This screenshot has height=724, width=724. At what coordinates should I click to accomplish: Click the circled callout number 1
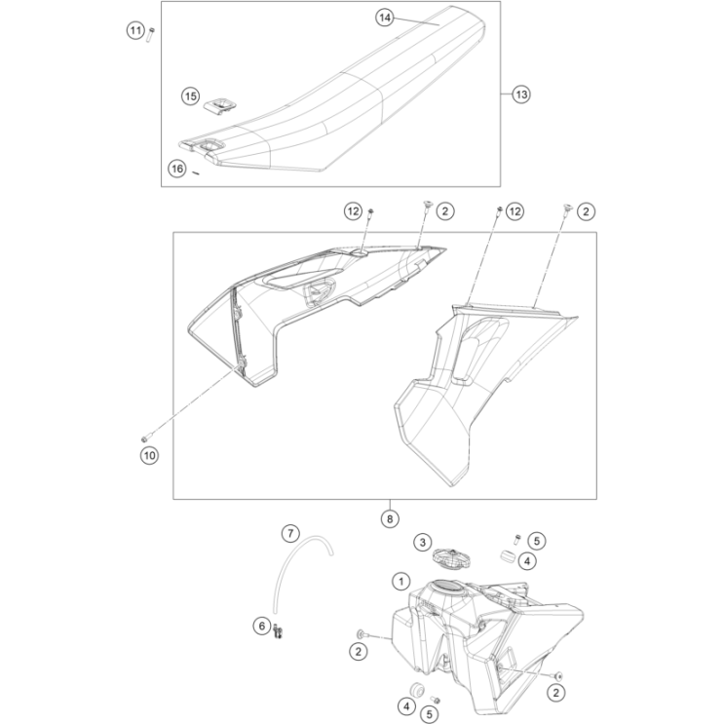(x=400, y=581)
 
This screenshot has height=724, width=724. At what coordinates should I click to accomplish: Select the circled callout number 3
(x=422, y=542)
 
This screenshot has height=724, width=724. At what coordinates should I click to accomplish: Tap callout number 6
(x=262, y=626)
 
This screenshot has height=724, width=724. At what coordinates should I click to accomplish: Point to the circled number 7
(x=289, y=532)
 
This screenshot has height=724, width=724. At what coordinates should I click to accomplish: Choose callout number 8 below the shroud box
(x=389, y=519)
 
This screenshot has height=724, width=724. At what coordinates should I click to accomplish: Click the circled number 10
(x=149, y=453)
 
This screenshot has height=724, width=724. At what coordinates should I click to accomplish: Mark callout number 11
(x=134, y=31)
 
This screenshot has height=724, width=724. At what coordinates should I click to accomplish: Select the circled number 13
(x=520, y=95)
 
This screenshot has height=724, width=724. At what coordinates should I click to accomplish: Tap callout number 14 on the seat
(x=385, y=18)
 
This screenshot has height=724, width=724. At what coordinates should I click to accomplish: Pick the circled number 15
(x=190, y=95)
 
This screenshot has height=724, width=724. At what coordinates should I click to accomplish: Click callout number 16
(x=176, y=169)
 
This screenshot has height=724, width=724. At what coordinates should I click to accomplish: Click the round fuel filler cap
(x=451, y=559)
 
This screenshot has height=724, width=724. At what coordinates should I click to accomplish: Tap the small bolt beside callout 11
(x=152, y=36)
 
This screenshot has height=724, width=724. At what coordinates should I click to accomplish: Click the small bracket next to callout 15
(x=221, y=102)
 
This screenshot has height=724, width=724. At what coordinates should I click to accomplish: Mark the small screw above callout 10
(x=145, y=436)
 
